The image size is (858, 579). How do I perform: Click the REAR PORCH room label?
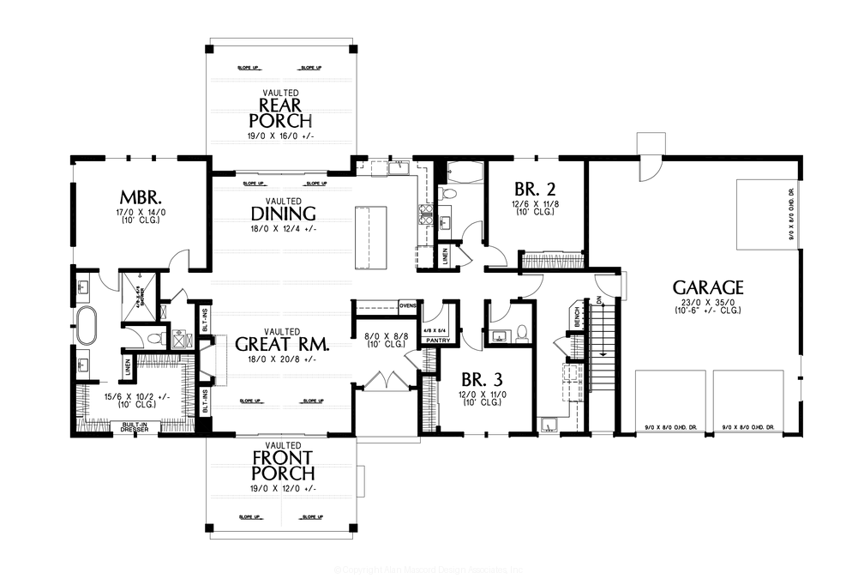coord(280,112)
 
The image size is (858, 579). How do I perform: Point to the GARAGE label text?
coord(707,287)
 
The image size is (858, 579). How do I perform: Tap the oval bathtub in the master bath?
coord(87,327)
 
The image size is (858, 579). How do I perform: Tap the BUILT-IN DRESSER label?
coord(135,425)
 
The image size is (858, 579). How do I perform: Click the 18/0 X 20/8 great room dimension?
coord(282,359)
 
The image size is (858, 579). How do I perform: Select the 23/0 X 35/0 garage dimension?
coord(707,302)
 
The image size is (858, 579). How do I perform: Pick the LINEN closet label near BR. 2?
coord(444,255)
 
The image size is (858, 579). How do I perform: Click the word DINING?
coord(282,214)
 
